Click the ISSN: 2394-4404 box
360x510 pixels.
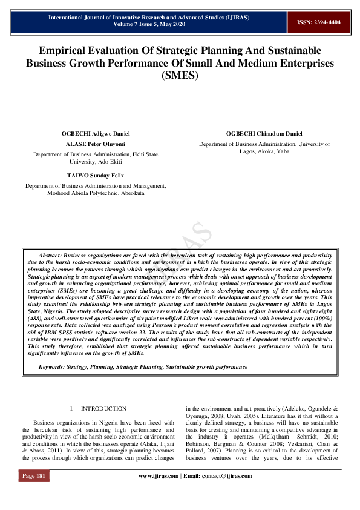[318, 22]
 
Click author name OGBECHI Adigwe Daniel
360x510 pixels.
[96, 133]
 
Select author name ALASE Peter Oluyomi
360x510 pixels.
[96, 144]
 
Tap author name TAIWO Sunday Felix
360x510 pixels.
[96, 174]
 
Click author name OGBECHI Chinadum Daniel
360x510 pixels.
[264, 133]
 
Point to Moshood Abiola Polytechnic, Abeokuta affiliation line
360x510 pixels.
[96, 193]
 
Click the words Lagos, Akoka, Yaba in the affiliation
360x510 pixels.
[264, 151]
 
